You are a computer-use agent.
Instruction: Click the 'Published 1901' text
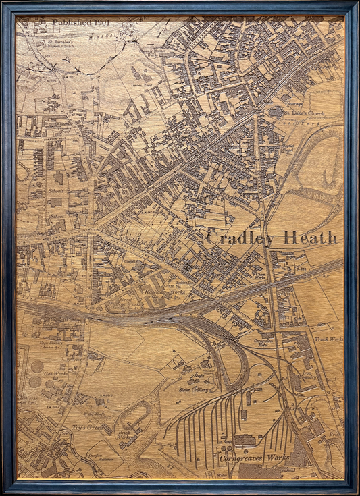point(81,22)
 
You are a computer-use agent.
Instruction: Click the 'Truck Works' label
point(329,339)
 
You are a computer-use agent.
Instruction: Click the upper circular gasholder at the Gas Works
point(35,367)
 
